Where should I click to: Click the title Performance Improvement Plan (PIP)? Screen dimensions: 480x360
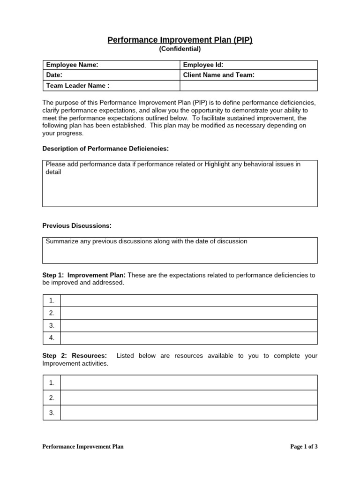click(180, 40)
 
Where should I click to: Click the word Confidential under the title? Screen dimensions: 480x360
click(180, 49)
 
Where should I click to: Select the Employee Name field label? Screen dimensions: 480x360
click(72, 65)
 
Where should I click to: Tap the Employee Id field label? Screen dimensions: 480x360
click(203, 65)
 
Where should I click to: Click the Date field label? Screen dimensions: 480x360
click(54, 75)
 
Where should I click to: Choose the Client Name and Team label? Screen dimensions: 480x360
click(218, 75)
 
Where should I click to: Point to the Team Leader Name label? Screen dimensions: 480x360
click(77, 85)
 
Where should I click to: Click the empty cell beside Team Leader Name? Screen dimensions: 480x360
click(248, 85)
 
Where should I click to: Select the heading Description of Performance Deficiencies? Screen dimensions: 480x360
click(105, 149)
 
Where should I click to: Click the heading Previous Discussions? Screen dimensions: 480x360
click(77, 226)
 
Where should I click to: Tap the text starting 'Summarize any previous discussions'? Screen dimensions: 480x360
click(146, 241)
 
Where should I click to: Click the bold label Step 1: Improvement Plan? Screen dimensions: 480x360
click(84, 275)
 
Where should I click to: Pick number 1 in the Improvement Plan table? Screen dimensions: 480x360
click(52, 300)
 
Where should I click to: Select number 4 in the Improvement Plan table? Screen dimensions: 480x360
click(52, 337)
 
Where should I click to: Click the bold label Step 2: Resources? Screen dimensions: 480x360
click(75, 356)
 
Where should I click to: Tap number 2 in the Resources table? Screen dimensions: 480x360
click(52, 397)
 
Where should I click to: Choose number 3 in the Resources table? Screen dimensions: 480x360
click(52, 412)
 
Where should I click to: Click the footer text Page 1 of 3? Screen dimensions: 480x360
click(304, 447)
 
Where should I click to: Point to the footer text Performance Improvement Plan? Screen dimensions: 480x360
click(83, 447)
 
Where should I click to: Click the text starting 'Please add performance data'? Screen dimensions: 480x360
click(173, 165)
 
